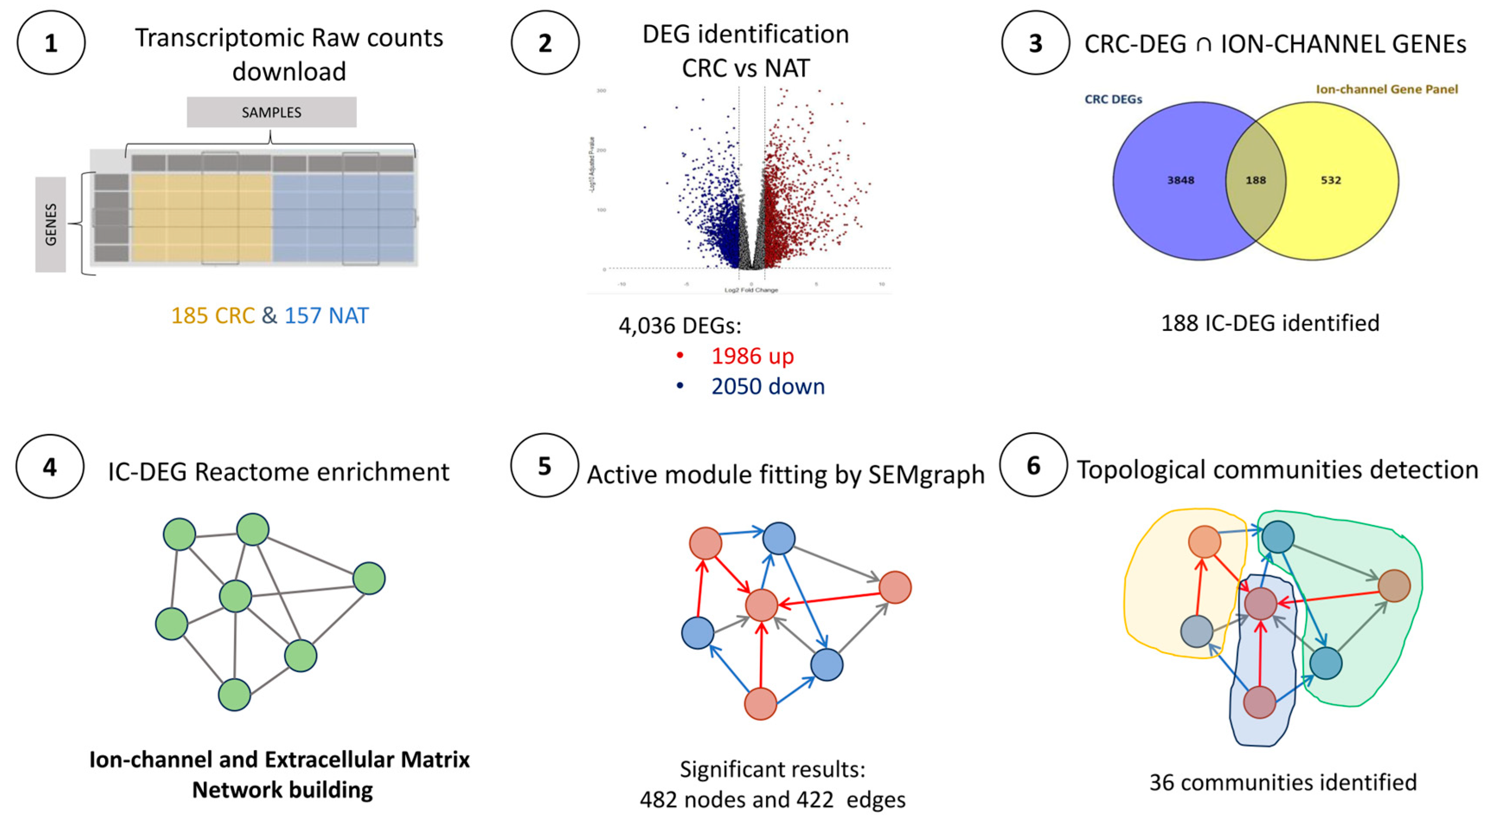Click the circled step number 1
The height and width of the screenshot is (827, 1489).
click(x=51, y=43)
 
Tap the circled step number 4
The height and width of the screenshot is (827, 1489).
click(x=50, y=466)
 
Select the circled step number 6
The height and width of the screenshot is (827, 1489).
click(x=1034, y=465)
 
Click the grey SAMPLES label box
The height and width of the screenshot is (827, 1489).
click(x=271, y=112)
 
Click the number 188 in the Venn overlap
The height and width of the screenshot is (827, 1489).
click(x=1255, y=180)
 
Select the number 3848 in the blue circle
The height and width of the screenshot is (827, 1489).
click(x=1180, y=180)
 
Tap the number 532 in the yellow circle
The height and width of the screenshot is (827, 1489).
click(x=1331, y=180)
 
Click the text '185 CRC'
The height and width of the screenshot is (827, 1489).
click(x=213, y=316)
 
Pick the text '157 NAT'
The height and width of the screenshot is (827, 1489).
click(x=327, y=316)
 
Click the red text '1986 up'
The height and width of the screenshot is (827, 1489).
click(x=752, y=356)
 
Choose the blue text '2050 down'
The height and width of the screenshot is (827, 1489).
click(x=768, y=386)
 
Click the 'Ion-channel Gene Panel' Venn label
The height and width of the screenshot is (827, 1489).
click(x=1387, y=90)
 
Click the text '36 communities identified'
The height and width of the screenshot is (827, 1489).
click(x=1283, y=782)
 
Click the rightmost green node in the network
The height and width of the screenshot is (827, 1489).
click(x=369, y=578)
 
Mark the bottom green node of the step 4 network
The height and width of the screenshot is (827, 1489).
click(x=234, y=695)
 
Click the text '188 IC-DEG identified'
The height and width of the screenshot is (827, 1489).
click(x=1270, y=323)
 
